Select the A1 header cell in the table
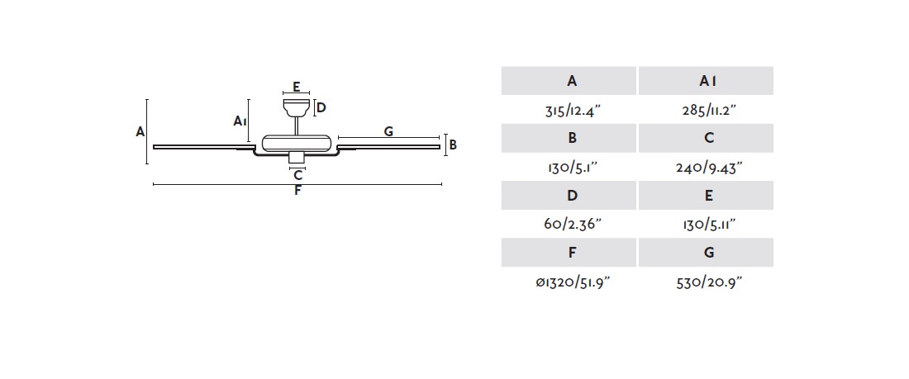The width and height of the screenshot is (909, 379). coord(706,81)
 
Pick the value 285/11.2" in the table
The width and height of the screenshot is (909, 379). coord(708,110)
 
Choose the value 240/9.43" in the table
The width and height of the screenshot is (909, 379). coord(708,168)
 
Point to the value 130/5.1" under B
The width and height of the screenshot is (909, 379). coord(571,168)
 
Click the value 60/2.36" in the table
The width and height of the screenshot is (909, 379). coord(572,225)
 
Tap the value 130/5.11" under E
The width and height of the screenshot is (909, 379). coord(709,225)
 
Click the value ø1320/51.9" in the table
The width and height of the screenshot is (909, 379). coord(573,282)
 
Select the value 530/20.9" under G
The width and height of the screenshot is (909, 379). coord(709,282)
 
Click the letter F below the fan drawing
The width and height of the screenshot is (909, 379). coord(297,191)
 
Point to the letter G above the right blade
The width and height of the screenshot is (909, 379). coord(388,131)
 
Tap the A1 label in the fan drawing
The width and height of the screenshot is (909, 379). coord(240,121)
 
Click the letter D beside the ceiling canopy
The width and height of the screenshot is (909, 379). coord(321,107)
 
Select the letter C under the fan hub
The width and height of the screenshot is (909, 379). coord(298,175)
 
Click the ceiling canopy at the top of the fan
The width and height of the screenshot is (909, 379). coord(296,108)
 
